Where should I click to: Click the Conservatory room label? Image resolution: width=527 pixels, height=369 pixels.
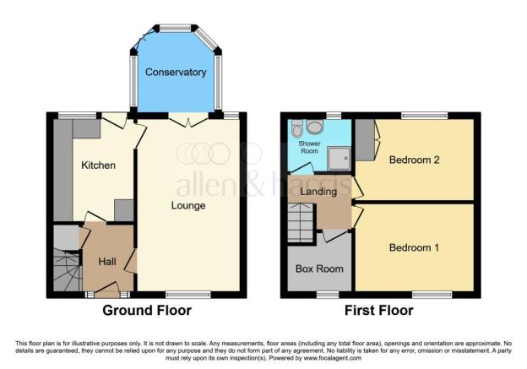(176, 73)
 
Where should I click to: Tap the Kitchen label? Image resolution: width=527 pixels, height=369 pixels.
(99, 165)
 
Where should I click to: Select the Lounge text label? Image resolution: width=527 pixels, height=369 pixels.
(188, 205)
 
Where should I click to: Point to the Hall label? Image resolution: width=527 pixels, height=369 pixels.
(107, 262)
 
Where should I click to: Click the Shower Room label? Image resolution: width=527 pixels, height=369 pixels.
(310, 147)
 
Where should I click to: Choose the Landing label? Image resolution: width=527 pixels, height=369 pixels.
(318, 192)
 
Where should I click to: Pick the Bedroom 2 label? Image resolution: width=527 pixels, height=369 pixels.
(414, 160)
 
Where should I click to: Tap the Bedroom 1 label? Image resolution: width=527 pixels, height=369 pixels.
(414, 247)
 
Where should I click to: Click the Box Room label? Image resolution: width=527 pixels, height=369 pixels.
(319, 269)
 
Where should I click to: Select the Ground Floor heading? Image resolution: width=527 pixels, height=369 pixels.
(147, 310)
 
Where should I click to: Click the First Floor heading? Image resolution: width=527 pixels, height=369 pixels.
(378, 310)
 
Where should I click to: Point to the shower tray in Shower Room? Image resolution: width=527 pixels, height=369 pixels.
(339, 158)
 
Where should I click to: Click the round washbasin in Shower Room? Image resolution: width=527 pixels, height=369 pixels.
(314, 128)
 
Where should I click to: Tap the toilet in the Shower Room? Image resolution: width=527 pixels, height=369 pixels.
(296, 128)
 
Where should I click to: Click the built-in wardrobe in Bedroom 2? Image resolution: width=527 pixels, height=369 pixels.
(365, 140)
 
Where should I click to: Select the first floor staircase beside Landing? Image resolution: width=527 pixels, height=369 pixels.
(302, 222)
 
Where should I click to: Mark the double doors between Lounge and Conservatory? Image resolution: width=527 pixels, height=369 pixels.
(188, 120)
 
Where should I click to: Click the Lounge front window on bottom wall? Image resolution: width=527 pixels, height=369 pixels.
(188, 295)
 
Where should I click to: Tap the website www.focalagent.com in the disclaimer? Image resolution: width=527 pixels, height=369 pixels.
(333, 358)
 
